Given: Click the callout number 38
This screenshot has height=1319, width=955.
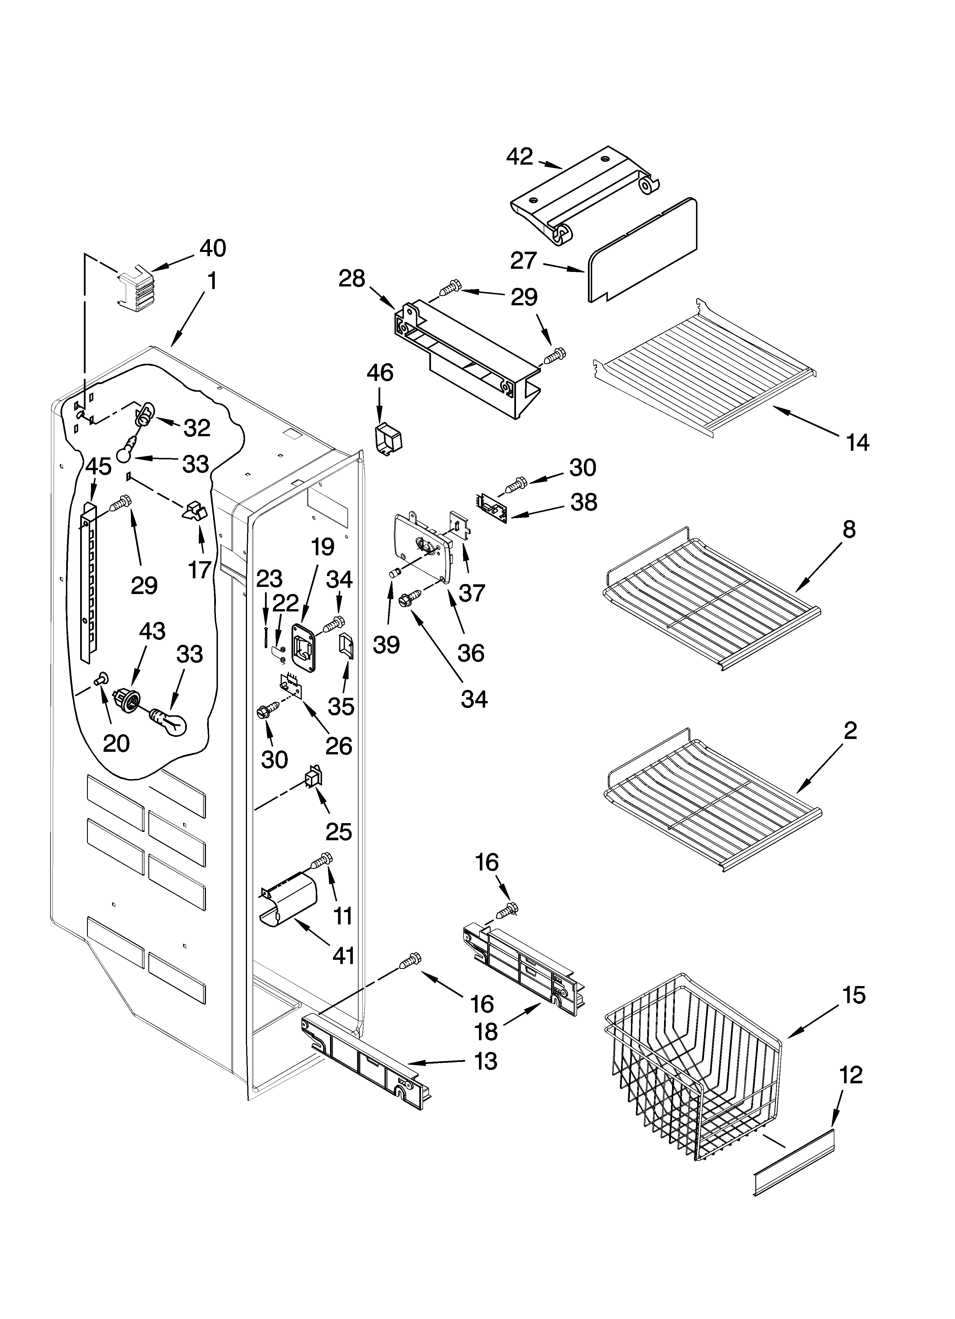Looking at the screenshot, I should [583, 502].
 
